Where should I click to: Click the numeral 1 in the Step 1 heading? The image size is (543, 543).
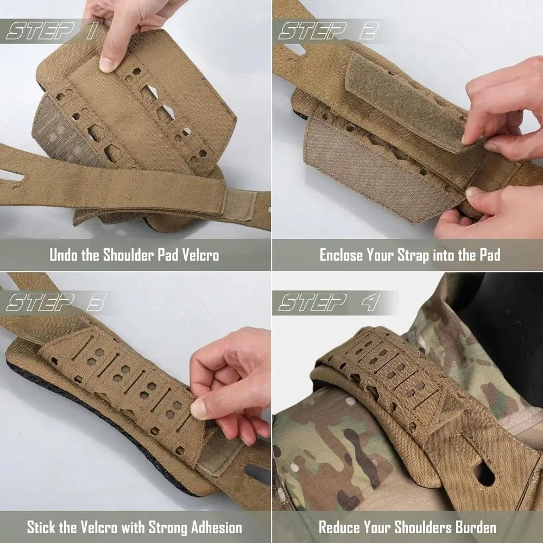[90, 31]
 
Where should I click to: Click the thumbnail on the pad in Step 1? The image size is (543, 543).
[108, 64]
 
